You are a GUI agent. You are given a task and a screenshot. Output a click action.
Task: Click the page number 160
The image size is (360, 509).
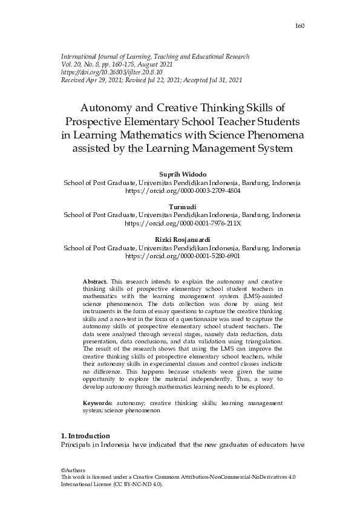coord(299,26)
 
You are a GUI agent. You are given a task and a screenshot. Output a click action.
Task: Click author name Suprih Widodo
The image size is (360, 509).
coord(182,174)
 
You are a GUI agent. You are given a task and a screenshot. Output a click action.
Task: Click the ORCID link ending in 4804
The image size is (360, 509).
coord(182,190)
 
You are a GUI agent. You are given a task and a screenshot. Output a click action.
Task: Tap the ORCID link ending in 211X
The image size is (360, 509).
coord(182,222)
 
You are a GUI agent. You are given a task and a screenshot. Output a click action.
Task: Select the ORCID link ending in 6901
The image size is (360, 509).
coord(182,255)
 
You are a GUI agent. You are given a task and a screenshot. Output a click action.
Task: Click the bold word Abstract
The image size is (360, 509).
coord(94,282)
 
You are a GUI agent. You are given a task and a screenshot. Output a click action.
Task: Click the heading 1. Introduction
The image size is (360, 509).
coord(86,436)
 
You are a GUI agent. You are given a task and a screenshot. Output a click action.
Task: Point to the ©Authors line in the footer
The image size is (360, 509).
coord(74,470)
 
